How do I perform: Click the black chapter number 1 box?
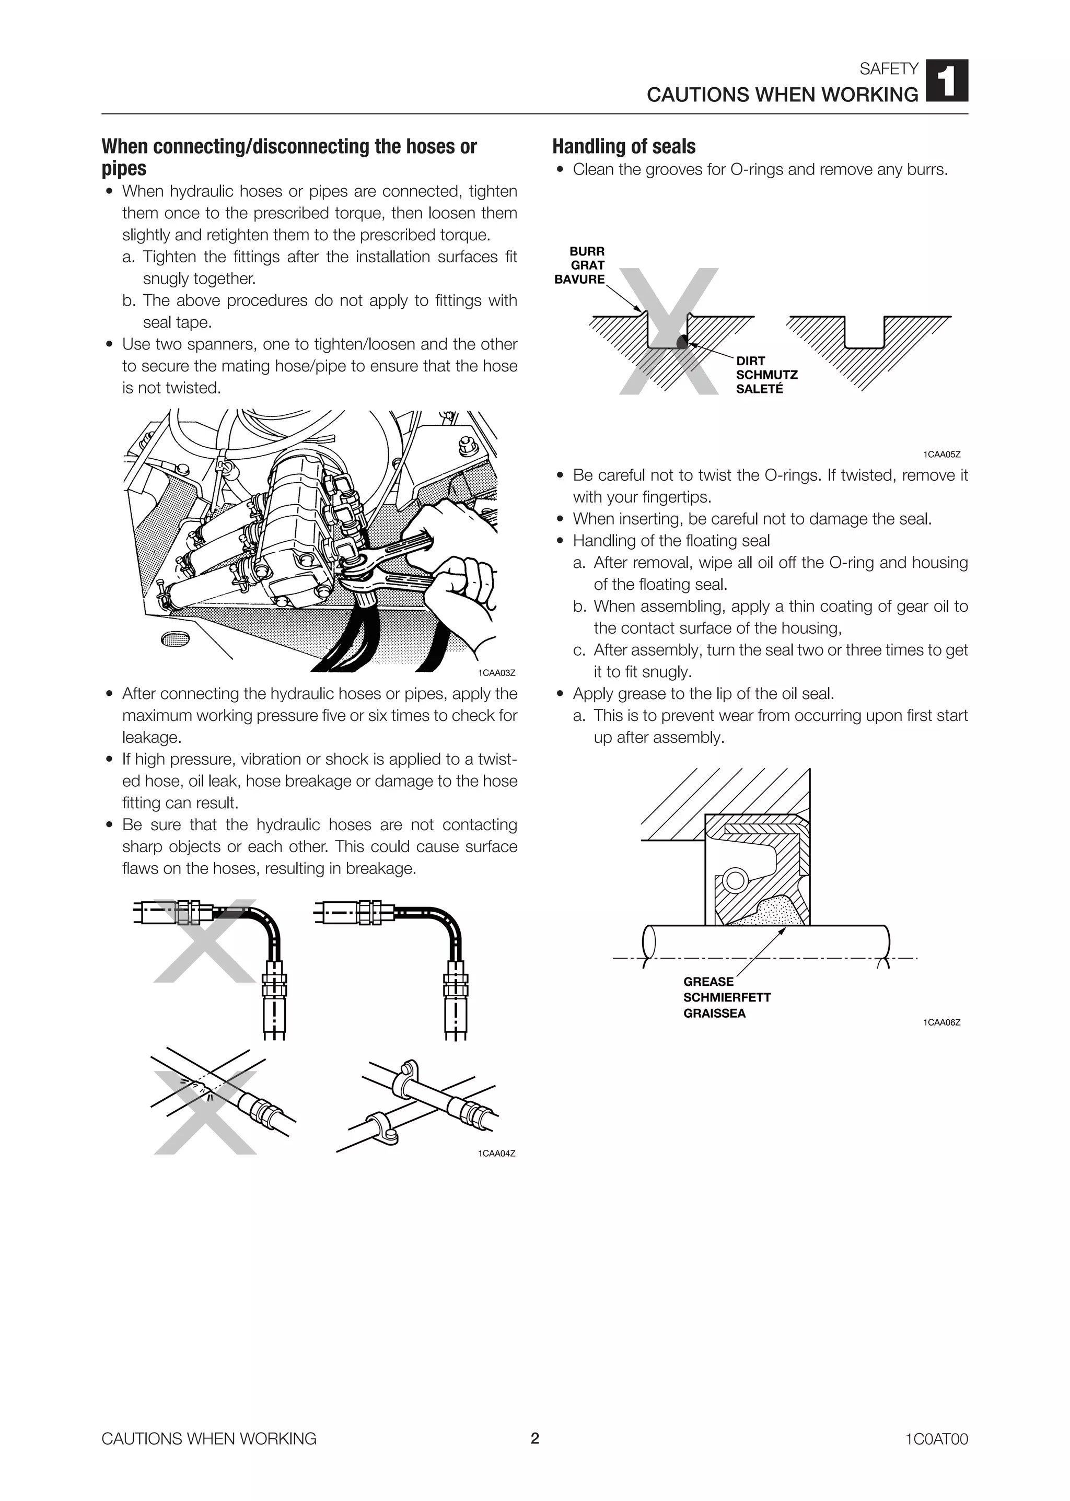(x=947, y=80)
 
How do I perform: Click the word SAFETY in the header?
(x=888, y=68)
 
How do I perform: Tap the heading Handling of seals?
(x=623, y=146)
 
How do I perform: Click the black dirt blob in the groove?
(x=682, y=341)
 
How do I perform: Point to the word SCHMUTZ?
(x=766, y=375)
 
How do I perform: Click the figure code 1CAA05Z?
(x=941, y=455)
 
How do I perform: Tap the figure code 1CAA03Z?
(x=496, y=673)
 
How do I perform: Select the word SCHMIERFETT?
(x=726, y=997)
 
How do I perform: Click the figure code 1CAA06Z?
(x=941, y=1022)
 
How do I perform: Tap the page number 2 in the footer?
(x=534, y=1438)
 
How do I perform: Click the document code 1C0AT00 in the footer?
(x=936, y=1439)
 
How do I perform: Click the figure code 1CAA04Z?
(x=496, y=1153)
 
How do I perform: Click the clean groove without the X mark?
(x=864, y=336)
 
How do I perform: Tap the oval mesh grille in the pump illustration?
(x=175, y=638)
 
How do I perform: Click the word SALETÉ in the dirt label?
(x=759, y=389)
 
